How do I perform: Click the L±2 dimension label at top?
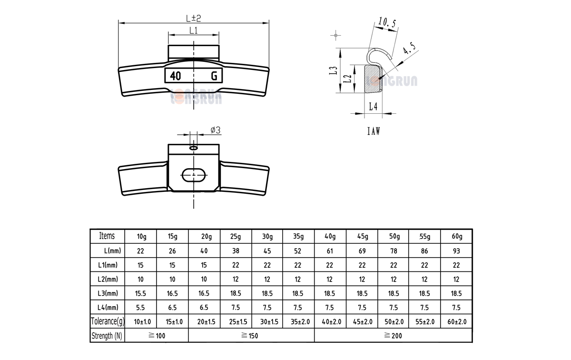pos(193,18)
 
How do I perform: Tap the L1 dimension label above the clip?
pos(193,30)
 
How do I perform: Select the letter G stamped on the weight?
pos(214,76)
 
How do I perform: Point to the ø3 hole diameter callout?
pos(215,130)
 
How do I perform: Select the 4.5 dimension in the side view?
pos(409,50)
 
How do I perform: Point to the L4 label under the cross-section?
pos(374,107)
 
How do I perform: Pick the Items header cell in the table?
pos(107,236)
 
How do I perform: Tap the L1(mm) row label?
pos(107,265)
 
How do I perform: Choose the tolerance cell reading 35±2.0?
pos(298,322)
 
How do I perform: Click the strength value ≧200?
pos(393,336)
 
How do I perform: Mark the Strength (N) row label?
pos(107,336)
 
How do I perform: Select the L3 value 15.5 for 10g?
pos(141,294)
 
